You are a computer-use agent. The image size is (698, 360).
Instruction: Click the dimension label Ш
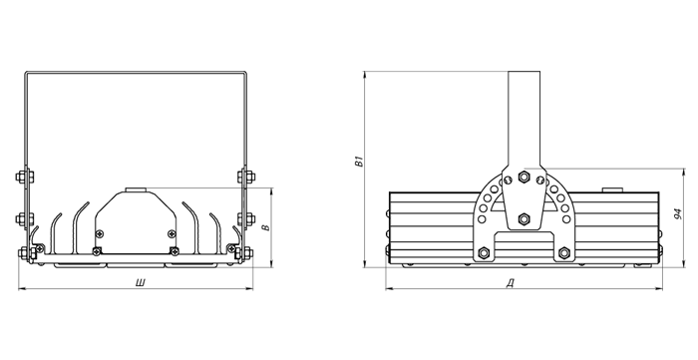click(x=142, y=282)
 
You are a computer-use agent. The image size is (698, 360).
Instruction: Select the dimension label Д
click(x=511, y=282)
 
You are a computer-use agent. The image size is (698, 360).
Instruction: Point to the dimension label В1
click(x=359, y=162)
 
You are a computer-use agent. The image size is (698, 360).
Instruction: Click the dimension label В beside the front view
click(x=266, y=227)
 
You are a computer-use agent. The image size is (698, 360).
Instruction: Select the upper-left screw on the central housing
click(x=100, y=233)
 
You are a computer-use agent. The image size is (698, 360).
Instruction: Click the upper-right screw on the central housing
click(x=172, y=233)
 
